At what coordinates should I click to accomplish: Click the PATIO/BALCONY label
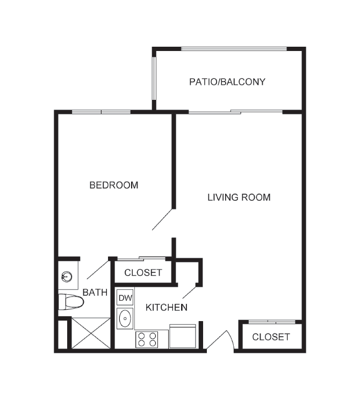coord(227,82)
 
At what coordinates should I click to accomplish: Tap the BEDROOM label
coord(114,185)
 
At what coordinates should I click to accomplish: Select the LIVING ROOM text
coord(239,198)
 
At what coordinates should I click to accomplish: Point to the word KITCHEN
coord(167,308)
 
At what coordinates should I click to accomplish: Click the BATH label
coord(95,292)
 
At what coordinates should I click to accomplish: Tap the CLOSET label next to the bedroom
coord(143,273)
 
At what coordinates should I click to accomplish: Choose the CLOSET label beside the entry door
coord(271,337)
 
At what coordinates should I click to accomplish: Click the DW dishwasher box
coord(125,297)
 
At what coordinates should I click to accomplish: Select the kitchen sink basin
coord(125,318)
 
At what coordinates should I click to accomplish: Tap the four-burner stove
coord(147,339)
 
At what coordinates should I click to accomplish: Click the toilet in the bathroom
coord(71,302)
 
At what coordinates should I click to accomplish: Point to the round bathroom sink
coord(67,277)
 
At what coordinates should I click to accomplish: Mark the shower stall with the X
coord(91,333)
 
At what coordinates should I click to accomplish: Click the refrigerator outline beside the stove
coord(183,336)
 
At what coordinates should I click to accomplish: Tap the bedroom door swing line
coord(162,220)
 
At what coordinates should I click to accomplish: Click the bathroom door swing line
coord(98,270)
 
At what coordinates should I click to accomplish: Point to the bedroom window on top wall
coord(102,112)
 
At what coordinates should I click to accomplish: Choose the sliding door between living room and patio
coord(235,112)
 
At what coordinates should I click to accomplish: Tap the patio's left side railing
coord(154,78)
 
